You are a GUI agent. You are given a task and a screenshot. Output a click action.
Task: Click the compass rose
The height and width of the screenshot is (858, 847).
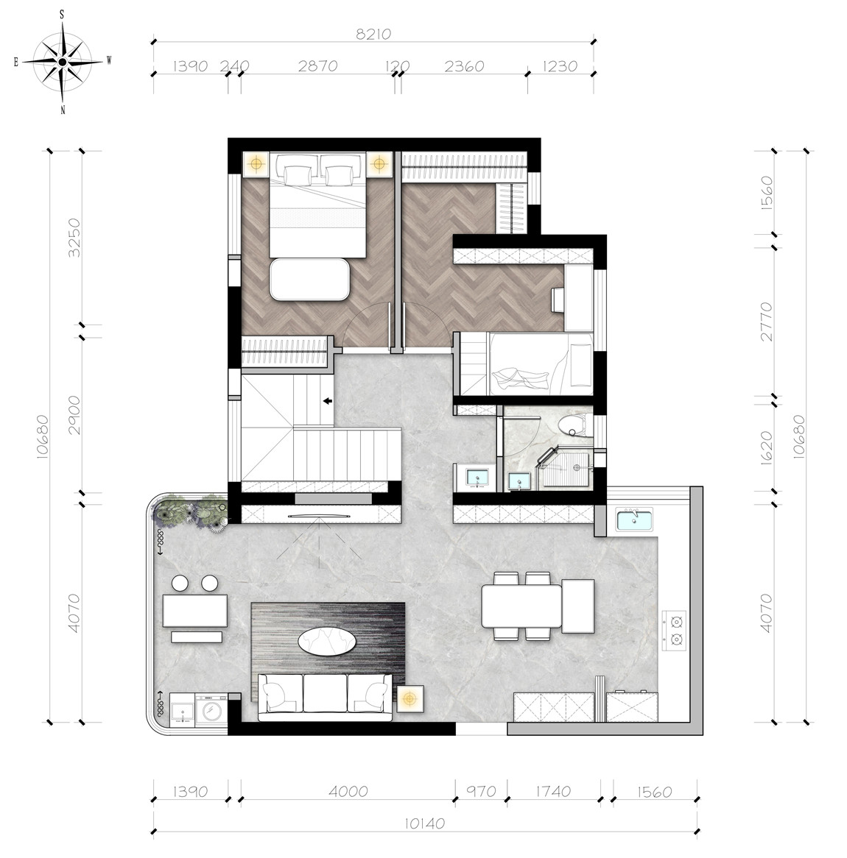pyautogui.click(x=63, y=62)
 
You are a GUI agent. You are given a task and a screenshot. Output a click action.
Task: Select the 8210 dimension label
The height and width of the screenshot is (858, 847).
pyautogui.click(x=373, y=34)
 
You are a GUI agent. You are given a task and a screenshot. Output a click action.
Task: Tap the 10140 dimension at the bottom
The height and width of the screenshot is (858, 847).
pyautogui.click(x=424, y=823)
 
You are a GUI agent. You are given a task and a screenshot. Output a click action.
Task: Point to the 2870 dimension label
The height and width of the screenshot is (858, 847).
pyautogui.click(x=317, y=65)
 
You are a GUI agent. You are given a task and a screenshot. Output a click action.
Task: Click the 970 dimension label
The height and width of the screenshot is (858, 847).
pyautogui.click(x=481, y=791)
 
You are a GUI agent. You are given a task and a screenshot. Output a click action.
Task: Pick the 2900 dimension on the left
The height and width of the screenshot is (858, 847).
pyautogui.click(x=74, y=415)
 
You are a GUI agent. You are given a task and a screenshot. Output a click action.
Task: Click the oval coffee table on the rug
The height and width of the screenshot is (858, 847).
pyautogui.click(x=327, y=641)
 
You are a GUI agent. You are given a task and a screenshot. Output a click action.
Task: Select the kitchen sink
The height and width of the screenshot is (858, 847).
pyautogui.click(x=634, y=520)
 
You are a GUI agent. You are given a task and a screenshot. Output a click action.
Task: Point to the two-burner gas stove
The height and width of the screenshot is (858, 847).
pyautogui.click(x=674, y=631)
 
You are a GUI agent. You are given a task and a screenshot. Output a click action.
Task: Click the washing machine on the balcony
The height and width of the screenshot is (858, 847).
pyautogui.click(x=211, y=710)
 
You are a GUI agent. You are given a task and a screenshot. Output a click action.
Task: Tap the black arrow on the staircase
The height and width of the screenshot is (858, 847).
pyautogui.click(x=328, y=401)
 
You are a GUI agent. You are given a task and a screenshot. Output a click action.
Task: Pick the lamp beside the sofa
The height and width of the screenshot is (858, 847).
pyautogui.click(x=410, y=699)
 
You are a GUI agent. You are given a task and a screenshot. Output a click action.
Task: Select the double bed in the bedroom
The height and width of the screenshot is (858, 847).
pyautogui.click(x=317, y=205)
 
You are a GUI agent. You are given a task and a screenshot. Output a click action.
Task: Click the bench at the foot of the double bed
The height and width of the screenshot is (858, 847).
pyautogui.click(x=309, y=279)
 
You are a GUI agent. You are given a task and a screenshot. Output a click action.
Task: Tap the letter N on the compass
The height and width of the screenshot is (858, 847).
pyautogui.click(x=63, y=110)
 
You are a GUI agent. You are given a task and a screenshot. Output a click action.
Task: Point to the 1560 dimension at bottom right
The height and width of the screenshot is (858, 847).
pyautogui.click(x=655, y=791)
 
